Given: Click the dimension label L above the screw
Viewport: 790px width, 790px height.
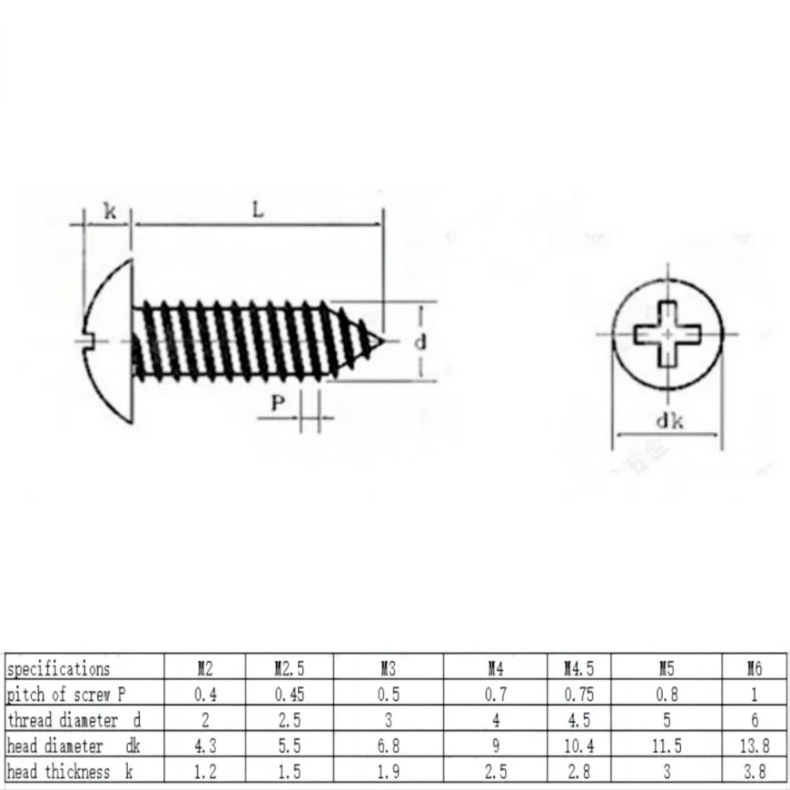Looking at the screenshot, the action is coord(258,209).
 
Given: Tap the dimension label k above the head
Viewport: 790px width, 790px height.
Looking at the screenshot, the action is coord(110,211).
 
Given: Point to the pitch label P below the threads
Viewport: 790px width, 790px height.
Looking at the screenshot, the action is coord(278,402).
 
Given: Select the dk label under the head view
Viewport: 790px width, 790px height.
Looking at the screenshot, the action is coord(669,420).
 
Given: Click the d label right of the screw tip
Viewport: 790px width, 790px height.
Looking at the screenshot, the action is coord(420,342).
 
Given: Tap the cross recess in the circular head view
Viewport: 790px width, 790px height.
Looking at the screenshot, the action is coord(667,334).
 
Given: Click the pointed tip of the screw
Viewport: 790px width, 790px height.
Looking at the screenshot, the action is coord(384,341).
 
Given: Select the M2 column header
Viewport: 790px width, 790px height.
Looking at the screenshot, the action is coord(205,668).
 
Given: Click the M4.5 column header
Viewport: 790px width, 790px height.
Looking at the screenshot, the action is coord(579,668).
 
